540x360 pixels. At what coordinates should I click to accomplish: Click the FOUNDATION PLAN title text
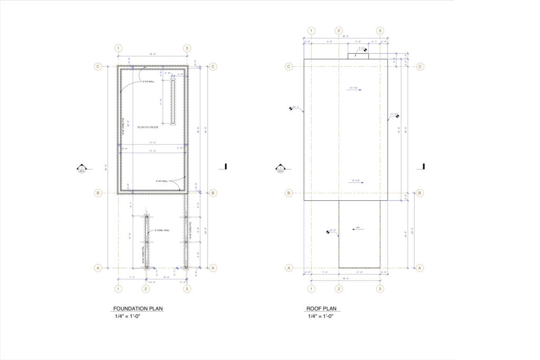click(x=134, y=308)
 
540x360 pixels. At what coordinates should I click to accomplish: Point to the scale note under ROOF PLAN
click(x=321, y=316)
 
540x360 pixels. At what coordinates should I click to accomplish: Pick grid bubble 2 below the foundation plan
click(x=146, y=288)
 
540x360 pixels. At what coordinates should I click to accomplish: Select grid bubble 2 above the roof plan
click(x=339, y=31)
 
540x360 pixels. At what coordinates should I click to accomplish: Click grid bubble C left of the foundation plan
click(x=98, y=66)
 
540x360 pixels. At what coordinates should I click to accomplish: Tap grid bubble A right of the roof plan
click(x=420, y=268)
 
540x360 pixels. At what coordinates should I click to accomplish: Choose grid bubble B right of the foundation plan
click(x=213, y=193)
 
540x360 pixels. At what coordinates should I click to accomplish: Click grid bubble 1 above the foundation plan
click(x=118, y=48)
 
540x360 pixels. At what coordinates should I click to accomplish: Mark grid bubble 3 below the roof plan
click(x=380, y=288)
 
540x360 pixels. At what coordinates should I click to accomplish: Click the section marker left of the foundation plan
click(x=82, y=169)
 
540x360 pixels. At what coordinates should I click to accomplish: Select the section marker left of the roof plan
click(x=280, y=169)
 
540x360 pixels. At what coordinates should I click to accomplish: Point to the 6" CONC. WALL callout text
click(x=162, y=230)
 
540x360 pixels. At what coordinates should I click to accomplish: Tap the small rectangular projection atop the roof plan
click(x=358, y=56)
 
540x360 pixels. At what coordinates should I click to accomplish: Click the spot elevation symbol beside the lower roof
click(x=329, y=231)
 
